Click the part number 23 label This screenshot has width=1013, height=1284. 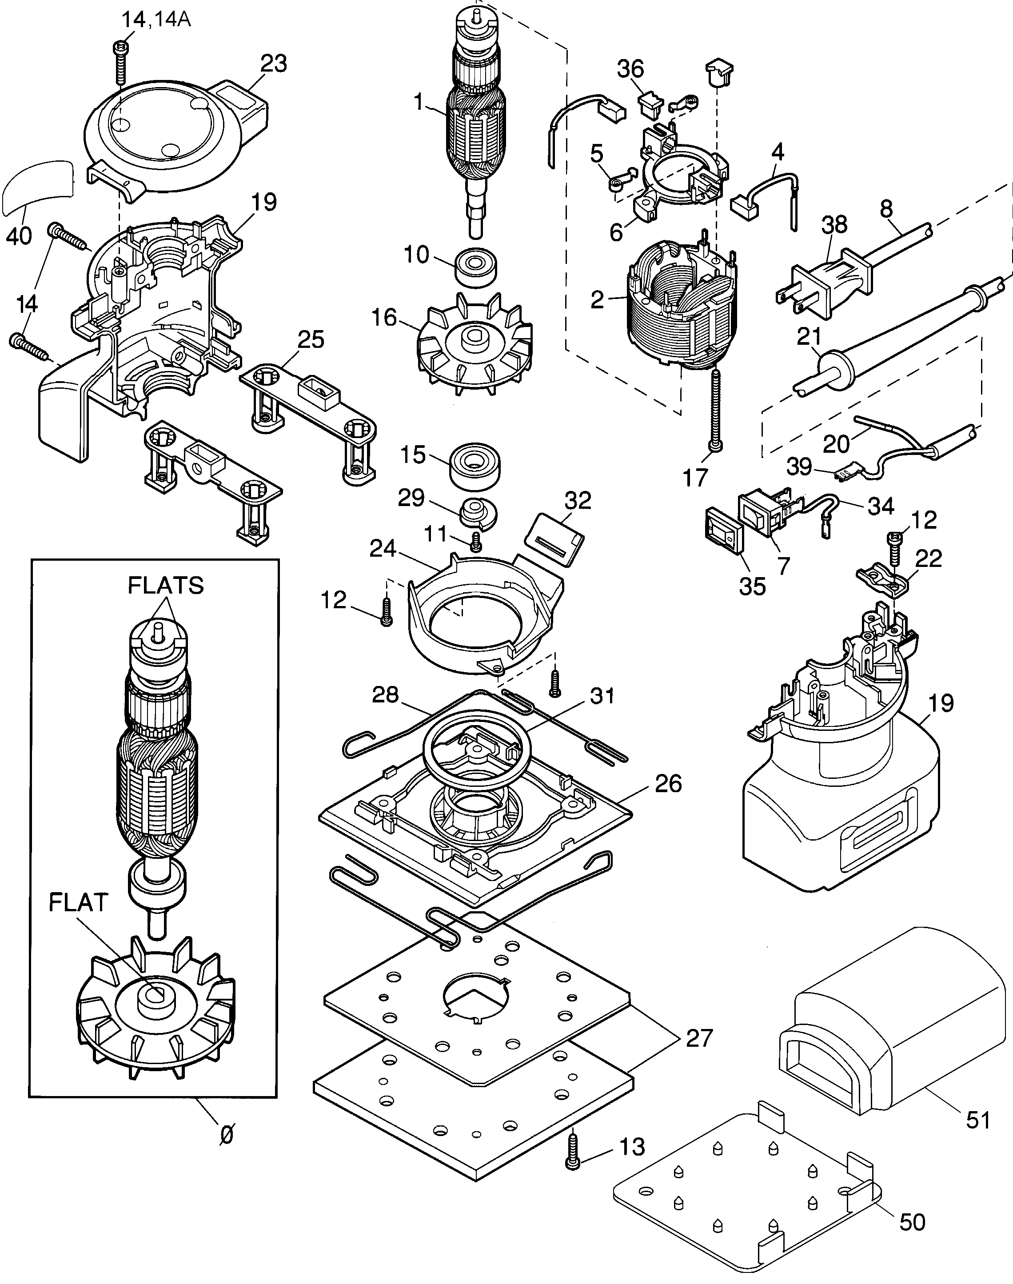(273, 64)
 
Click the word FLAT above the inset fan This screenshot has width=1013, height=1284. (78, 903)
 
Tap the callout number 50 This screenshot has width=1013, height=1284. (912, 1221)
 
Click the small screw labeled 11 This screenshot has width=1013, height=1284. (475, 540)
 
